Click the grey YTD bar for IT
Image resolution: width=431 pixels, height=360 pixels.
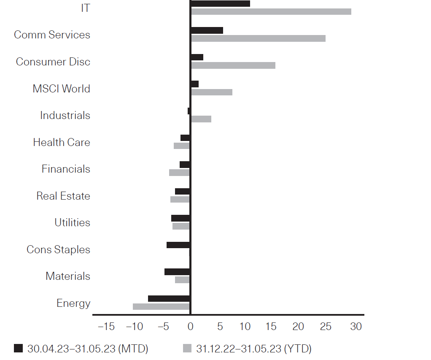click(x=271, y=11)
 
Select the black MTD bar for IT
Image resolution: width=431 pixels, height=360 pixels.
click(x=220, y=3)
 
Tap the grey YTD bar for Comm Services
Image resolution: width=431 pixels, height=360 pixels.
click(x=258, y=38)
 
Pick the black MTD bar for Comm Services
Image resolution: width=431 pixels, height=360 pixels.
click(x=207, y=30)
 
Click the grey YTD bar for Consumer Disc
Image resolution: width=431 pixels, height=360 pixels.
click(x=233, y=65)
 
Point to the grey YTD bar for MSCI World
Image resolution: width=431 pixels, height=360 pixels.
click(x=211, y=92)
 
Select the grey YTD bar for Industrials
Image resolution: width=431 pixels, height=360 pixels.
click(x=201, y=119)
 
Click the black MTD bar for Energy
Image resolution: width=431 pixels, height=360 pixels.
click(x=169, y=298)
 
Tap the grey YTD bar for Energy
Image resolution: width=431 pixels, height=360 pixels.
click(x=161, y=306)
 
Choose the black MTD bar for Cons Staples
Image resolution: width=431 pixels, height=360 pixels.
click(x=178, y=245)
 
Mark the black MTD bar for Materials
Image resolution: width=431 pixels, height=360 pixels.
click(x=177, y=272)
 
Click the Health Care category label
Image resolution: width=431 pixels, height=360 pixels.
click(x=62, y=142)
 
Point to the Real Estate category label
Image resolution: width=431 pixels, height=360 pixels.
click(x=63, y=196)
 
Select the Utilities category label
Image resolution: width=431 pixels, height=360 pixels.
click(x=72, y=222)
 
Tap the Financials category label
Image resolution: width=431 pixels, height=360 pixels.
click(x=66, y=169)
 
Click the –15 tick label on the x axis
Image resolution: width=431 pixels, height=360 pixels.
click(x=105, y=326)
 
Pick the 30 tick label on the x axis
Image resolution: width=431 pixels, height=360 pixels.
click(x=356, y=326)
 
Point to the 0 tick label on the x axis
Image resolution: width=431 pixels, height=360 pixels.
click(x=190, y=326)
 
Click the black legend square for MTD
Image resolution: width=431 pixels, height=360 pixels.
click(x=18, y=348)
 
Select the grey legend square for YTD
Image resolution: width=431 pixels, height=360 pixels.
click(x=187, y=348)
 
